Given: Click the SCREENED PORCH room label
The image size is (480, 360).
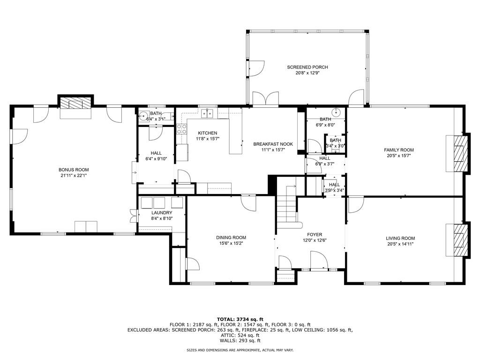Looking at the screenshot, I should pos(307,67).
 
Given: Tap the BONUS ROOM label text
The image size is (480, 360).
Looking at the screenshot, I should pos(73,170).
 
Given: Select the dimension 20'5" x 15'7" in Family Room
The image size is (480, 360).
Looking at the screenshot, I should pos(399,156).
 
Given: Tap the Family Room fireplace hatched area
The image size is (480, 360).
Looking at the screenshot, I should pos(462,153).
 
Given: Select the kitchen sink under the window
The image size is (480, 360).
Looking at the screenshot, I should pos(207,113).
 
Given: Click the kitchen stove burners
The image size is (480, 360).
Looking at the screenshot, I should pos(181,129).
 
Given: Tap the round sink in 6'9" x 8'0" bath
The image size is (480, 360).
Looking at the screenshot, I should pos(336,112).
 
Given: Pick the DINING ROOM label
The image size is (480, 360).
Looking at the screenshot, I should pos(231,237).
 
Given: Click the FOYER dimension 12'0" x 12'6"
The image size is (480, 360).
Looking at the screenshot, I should pos(315,240).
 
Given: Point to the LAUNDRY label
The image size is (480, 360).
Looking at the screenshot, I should pos(162,212).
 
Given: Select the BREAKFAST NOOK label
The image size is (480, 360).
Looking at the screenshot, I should pos(273,144).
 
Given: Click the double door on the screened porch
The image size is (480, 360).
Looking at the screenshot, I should pos(265,99).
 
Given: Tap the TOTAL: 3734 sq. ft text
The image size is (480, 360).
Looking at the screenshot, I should pos(240,319).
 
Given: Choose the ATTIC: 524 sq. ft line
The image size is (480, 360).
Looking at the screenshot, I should pos(240,335).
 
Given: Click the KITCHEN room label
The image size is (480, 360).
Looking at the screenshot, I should pos(207,133).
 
